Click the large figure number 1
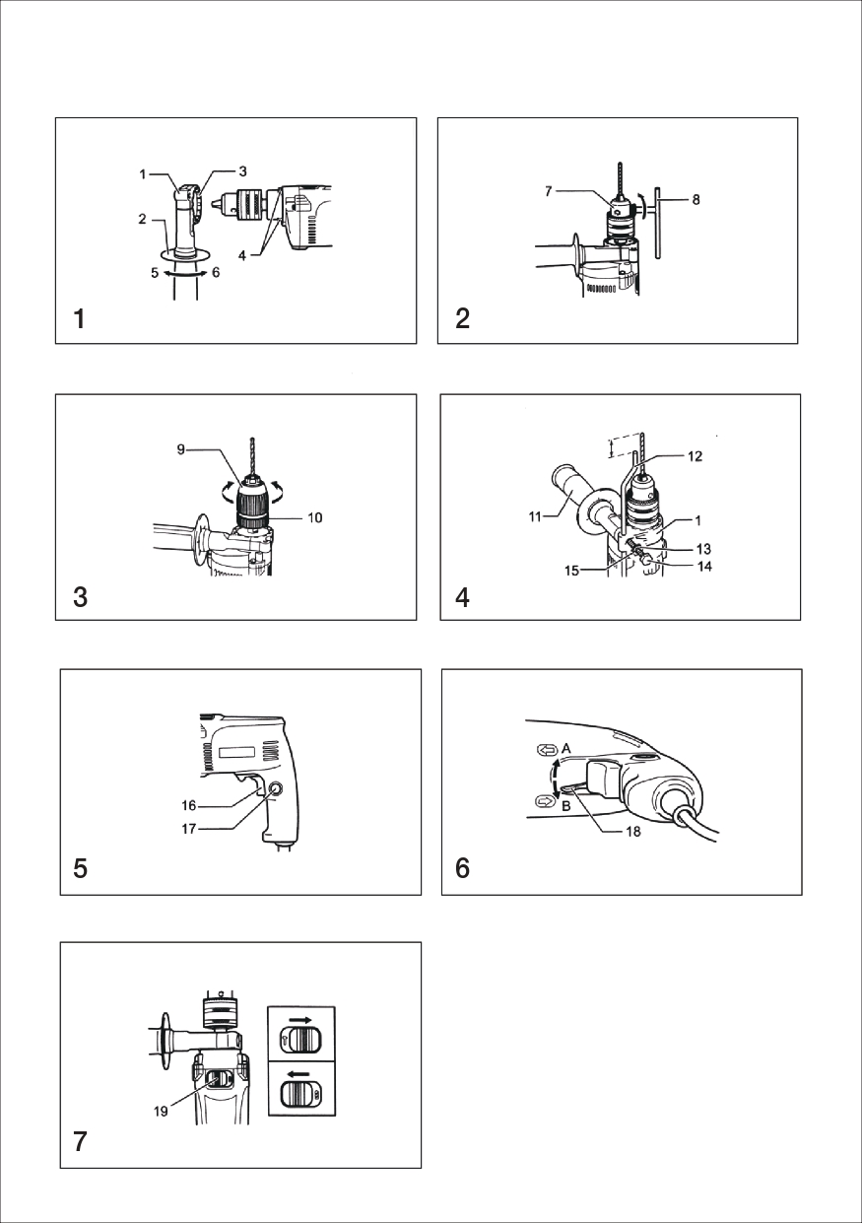80,319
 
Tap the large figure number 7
80,1141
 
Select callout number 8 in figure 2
696,200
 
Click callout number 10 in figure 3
315,517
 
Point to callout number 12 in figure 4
695,456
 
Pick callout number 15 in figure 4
571,572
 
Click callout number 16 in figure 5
189,805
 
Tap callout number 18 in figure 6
633,832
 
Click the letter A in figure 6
566,749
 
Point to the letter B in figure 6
566,805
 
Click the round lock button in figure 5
275,788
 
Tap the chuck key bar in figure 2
659,221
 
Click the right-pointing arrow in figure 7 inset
301,1019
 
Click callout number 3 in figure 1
243,171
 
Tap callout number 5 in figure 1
155,272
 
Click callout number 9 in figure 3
180,449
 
